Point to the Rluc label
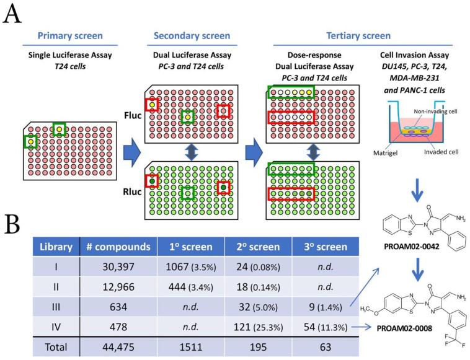pos(131,182)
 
